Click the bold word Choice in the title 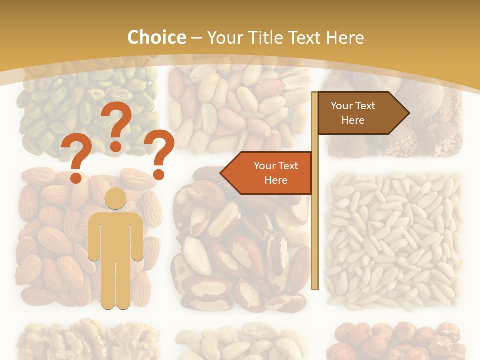tap(156, 37)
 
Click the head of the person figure tap(115, 199)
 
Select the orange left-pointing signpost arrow tap(267, 173)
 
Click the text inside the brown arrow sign tap(353, 113)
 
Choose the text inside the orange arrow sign tap(276, 173)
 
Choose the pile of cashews tap(240, 342)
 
